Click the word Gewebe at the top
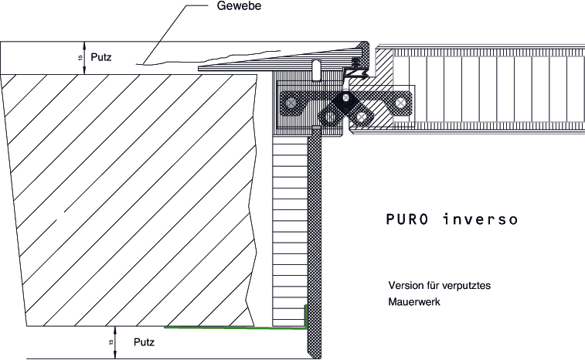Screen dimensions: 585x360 [239, 6]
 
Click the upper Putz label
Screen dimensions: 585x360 [101, 57]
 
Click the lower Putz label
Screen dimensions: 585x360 [144, 342]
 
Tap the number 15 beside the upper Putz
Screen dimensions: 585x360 [80, 58]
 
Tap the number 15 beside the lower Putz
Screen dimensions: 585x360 [111, 342]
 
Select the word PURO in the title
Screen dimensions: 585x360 [407, 219]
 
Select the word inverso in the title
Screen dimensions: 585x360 [481, 219]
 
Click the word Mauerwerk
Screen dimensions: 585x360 [414, 301]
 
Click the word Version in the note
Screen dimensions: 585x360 [404, 285]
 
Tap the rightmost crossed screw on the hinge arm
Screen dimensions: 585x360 [400, 102]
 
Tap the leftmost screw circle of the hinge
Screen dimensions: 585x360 [291, 102]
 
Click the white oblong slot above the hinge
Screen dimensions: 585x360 [316, 70]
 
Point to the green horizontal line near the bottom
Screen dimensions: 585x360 [235, 328]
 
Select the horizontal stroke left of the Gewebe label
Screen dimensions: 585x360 [196, 5]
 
